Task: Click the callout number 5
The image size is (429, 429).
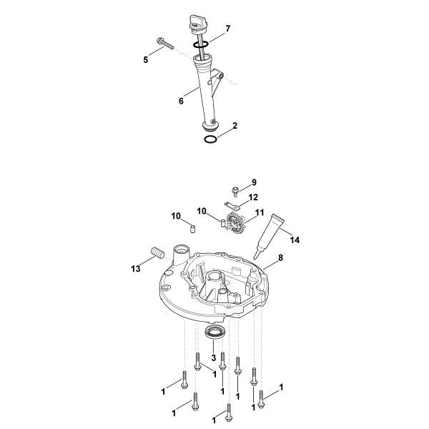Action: pyautogui.click(x=146, y=60)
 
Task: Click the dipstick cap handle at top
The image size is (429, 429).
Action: pyautogui.click(x=196, y=20)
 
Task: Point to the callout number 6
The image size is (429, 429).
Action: pyautogui.click(x=181, y=101)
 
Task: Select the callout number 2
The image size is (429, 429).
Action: pyautogui.click(x=235, y=125)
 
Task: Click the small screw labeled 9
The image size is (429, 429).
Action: pyautogui.click(x=235, y=190)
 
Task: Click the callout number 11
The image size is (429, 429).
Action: pyautogui.click(x=260, y=212)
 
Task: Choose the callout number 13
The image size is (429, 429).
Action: pyautogui.click(x=136, y=268)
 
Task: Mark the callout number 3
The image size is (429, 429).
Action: pyautogui.click(x=214, y=357)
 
